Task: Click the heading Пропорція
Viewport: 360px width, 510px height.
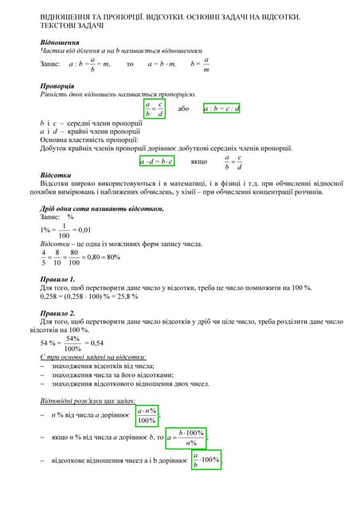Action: (x=58, y=85)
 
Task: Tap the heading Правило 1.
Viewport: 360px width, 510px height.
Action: (x=57, y=279)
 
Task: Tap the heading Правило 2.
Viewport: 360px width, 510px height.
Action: (x=57, y=313)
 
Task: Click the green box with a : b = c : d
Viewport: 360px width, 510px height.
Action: (x=221, y=108)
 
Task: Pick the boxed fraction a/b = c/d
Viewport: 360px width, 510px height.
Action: (x=154, y=109)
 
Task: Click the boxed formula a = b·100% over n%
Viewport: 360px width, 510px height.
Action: (x=186, y=437)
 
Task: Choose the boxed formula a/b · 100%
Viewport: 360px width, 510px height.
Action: (x=206, y=461)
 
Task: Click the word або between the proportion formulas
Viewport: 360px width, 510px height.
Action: (x=184, y=108)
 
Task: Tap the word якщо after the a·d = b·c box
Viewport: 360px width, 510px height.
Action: (x=198, y=161)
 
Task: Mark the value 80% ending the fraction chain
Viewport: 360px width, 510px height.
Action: (x=111, y=257)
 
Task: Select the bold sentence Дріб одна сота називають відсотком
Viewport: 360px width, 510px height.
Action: (x=102, y=209)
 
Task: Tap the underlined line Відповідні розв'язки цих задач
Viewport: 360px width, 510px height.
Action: (x=88, y=400)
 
